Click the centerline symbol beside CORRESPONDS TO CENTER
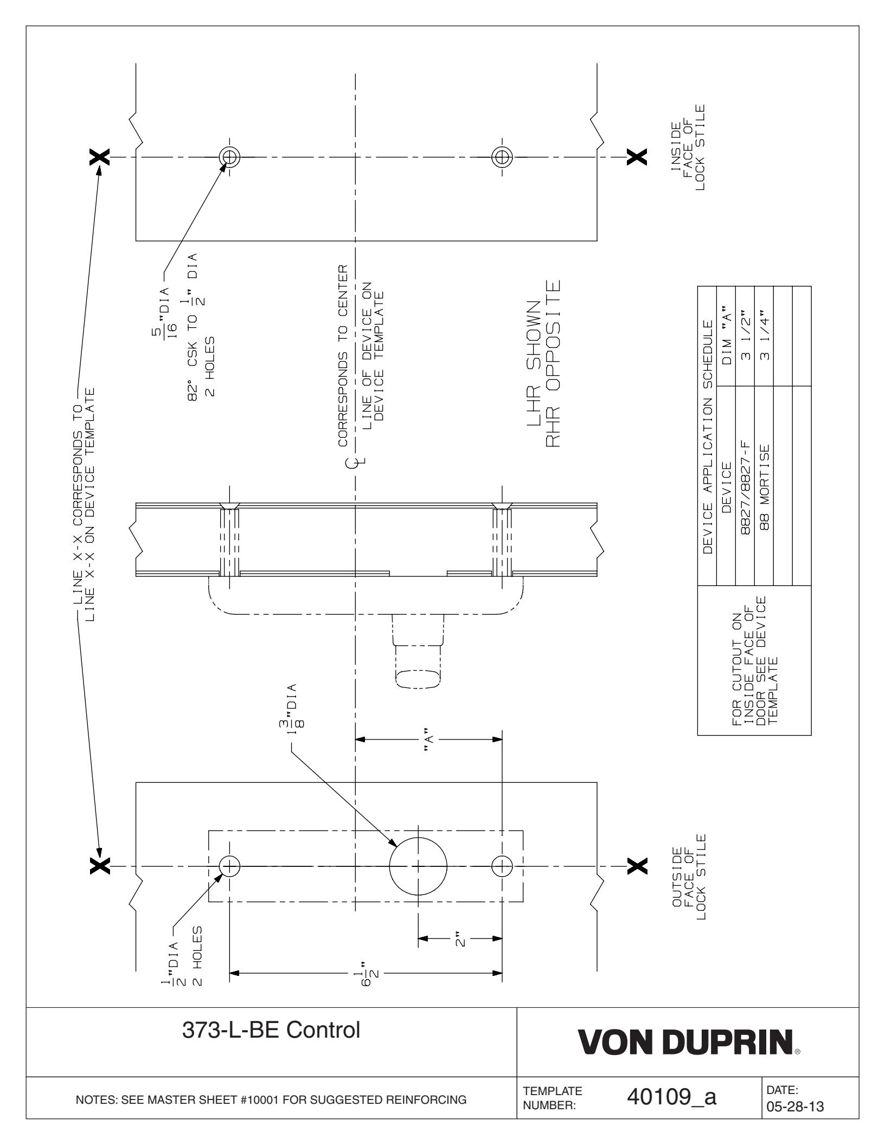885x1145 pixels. pos(355,462)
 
